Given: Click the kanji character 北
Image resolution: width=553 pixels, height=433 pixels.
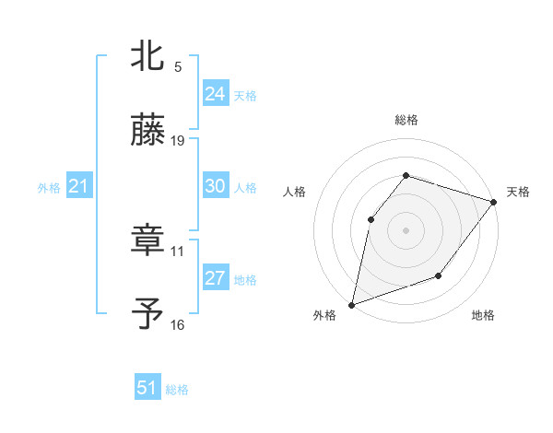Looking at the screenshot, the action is (x=147, y=55).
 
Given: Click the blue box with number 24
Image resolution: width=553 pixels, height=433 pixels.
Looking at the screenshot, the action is (x=215, y=93).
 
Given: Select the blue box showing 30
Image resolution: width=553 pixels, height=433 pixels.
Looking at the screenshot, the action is (x=215, y=186).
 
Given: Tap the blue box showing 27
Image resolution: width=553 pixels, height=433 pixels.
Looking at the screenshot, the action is (x=215, y=278).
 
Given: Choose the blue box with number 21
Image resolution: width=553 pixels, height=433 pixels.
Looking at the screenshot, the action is (x=78, y=187).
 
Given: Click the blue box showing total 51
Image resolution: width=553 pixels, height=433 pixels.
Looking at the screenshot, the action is (x=147, y=388).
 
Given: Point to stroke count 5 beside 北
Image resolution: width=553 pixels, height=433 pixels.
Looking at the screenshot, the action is (x=178, y=66).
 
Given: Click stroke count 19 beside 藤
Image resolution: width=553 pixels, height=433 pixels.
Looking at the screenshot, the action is (x=179, y=141).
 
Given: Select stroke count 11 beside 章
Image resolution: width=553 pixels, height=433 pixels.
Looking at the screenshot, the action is (x=178, y=250).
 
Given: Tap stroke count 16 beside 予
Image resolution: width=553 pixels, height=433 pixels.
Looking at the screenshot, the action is (x=178, y=324).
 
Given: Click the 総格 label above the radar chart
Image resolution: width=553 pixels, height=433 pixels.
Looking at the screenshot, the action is (x=406, y=120).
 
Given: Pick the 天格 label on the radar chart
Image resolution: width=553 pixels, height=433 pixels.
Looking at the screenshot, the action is (x=518, y=192).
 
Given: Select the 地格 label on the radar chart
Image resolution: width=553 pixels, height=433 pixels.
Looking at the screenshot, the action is (x=483, y=315).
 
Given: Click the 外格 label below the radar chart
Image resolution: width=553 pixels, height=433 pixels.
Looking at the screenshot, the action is (x=324, y=315).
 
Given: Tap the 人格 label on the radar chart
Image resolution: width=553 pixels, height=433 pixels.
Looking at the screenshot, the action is (x=294, y=192).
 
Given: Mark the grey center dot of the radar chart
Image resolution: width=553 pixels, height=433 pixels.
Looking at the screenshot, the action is (x=406, y=229).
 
